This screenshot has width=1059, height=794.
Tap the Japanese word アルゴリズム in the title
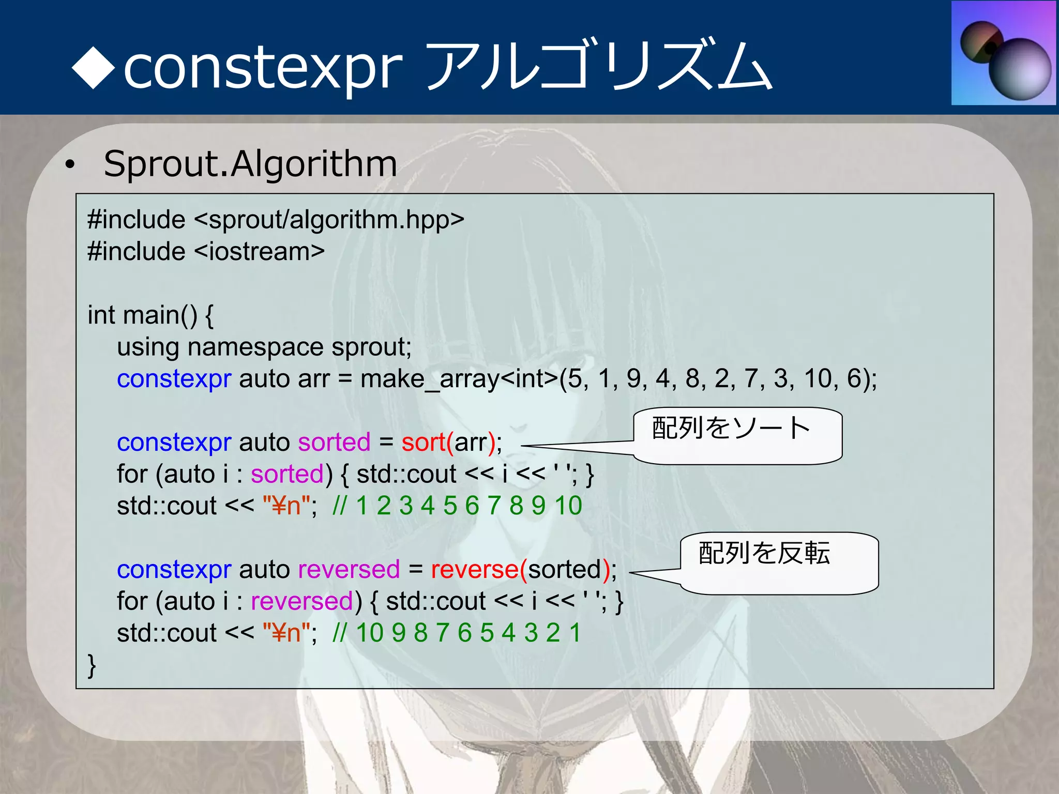pos(600,66)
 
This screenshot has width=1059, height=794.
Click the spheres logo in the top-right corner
pos(1004,53)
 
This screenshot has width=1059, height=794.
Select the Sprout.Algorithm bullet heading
pos(250,164)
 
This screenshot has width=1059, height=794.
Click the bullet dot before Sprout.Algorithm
pos(70,165)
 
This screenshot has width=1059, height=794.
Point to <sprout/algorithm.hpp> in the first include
pos(329,220)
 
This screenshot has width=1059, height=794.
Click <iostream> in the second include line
pos(260,252)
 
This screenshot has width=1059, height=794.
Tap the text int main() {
pos(150,315)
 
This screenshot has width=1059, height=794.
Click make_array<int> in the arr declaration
pos(459,379)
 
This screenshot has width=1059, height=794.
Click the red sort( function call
pos(427,442)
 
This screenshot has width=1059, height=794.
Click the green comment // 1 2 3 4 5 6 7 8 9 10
pos(457,506)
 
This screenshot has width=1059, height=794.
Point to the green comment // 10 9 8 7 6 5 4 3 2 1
pos(457,633)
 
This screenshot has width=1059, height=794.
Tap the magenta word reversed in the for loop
pos(302,602)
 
